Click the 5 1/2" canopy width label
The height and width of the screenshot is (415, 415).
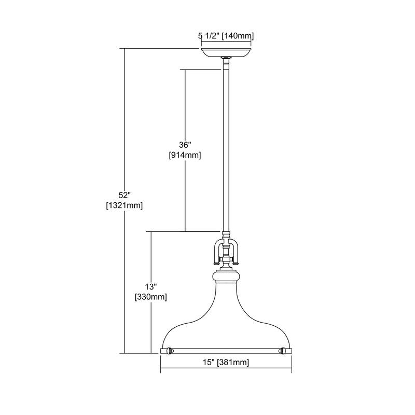[209, 36]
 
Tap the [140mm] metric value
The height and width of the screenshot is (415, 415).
[238, 36]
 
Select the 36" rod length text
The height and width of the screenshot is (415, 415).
[185, 145]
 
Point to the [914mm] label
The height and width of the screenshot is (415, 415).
[185, 155]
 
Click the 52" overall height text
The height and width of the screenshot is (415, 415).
[125, 196]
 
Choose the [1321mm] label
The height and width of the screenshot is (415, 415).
[125, 205]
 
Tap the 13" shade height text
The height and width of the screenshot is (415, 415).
[151, 287]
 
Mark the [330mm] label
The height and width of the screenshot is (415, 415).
[151, 297]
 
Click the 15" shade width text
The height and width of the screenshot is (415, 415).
[209, 362]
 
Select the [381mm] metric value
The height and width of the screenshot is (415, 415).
[233, 362]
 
